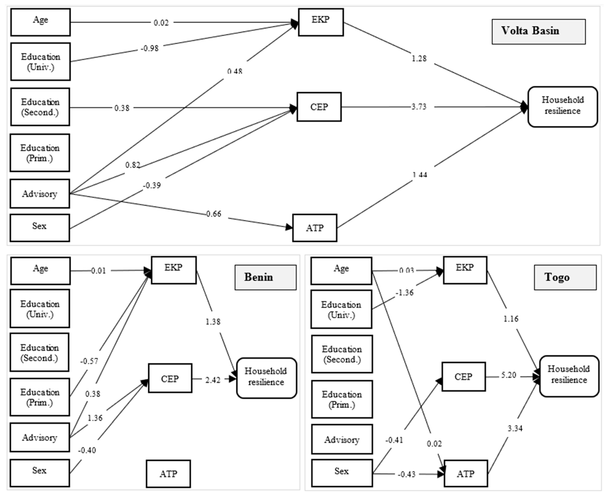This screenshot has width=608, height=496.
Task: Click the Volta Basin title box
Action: point(538,32)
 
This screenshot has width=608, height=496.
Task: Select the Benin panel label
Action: point(265,277)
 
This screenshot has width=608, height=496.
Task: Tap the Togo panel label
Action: point(565,277)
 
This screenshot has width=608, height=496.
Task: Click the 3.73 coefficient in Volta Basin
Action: point(419,107)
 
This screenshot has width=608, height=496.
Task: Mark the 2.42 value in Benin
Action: point(213,380)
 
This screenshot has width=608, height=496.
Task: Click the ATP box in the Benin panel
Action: point(168,474)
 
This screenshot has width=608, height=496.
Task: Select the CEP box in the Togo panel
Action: point(463,377)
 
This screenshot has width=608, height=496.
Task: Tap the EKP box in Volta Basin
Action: point(321,22)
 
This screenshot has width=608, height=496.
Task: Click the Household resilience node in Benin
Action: point(266,378)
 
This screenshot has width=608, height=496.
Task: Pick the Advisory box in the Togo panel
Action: point(342,440)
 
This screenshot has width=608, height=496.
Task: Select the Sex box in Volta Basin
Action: point(40,228)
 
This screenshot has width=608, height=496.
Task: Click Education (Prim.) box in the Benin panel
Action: point(40,397)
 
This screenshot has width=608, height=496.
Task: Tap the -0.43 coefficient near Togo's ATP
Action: point(407,474)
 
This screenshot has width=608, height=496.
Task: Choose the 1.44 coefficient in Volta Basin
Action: point(420,174)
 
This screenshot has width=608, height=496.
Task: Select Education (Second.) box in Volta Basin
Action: point(40,107)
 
